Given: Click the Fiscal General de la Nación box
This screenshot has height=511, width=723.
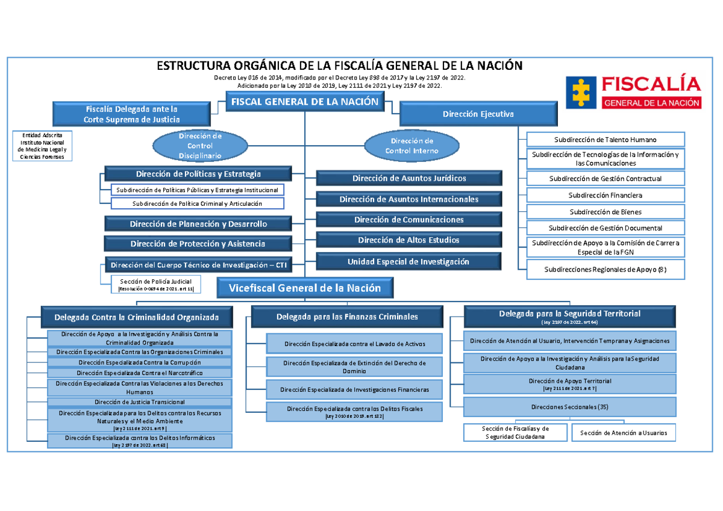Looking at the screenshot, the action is [x=305, y=102].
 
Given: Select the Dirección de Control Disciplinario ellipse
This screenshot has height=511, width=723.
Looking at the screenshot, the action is [x=200, y=146].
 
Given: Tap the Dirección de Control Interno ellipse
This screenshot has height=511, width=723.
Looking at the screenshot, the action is [x=412, y=146].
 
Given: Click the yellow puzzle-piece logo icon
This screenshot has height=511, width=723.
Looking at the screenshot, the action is [x=581, y=93].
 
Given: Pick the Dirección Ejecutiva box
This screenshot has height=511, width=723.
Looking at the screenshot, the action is [x=478, y=114].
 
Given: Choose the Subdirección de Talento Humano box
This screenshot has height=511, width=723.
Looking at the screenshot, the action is [x=606, y=140].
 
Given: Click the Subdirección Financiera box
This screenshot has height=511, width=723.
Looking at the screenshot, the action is [x=606, y=195].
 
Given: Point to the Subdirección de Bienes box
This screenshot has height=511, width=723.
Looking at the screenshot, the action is [x=606, y=212].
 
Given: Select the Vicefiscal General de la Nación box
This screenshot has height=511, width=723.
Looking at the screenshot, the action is [x=305, y=288].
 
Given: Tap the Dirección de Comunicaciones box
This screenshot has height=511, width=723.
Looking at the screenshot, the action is [x=409, y=220].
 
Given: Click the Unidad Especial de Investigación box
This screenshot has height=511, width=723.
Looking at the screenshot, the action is [x=408, y=261].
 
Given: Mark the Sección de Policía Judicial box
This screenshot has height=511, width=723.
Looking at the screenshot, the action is [x=156, y=284].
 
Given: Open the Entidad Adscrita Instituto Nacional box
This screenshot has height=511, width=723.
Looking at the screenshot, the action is [x=42, y=146].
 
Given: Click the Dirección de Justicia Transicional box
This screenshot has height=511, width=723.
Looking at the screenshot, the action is [x=140, y=402].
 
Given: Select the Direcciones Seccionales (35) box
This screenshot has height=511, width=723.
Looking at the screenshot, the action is [x=570, y=407].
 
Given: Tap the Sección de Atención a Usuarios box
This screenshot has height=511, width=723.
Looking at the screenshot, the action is [x=624, y=433].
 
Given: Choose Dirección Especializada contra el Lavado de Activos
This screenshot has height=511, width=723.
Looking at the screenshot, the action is [x=354, y=344].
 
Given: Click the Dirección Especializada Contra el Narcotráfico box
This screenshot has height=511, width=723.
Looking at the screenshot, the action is [x=140, y=373].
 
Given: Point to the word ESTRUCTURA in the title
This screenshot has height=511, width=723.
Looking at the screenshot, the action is [x=193, y=66].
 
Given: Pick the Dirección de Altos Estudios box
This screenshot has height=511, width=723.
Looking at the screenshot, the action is [x=409, y=240].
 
